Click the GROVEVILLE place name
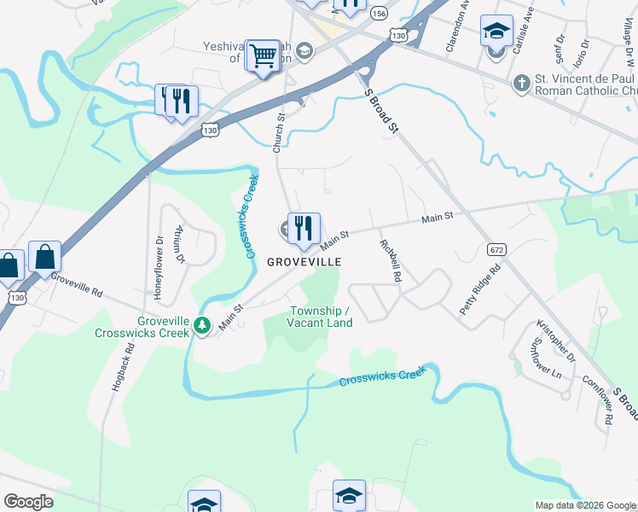[304, 262]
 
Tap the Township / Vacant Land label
[320, 317]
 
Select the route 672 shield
[495, 249]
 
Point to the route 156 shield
[379, 14]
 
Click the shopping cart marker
[264, 56]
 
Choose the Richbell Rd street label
[390, 261]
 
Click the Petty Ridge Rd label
[480, 290]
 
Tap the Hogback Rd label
[120, 367]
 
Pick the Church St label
[278, 132]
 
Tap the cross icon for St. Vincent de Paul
[520, 83]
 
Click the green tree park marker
[201, 325]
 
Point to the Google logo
[28, 502]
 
